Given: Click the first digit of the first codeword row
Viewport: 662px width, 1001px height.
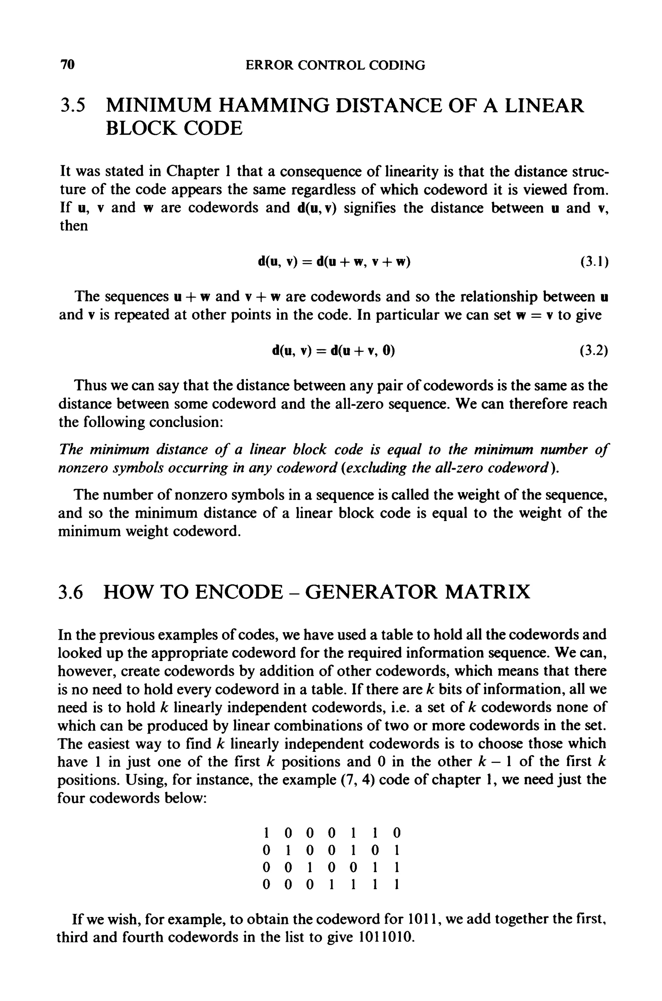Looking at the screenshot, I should tap(266, 833).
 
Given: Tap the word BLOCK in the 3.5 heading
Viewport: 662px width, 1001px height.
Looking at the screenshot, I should tap(137, 128).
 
